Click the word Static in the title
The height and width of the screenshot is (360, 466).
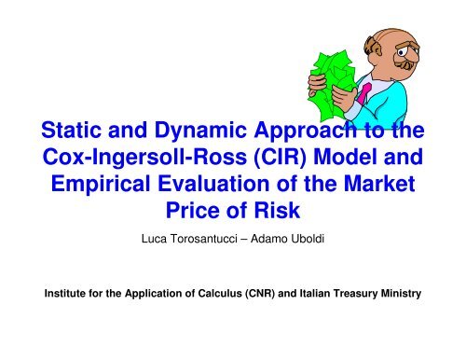(x=71, y=130)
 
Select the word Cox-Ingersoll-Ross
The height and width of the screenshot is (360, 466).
(x=144, y=158)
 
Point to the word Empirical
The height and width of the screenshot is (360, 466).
(x=101, y=184)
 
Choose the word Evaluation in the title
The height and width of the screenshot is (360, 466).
(x=213, y=184)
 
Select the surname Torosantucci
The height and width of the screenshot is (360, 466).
(x=204, y=239)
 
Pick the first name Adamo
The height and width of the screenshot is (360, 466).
(x=269, y=239)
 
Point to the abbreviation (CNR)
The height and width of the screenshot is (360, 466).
(x=260, y=294)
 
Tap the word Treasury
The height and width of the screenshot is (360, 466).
(x=356, y=294)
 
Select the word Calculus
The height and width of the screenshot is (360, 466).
(x=220, y=293)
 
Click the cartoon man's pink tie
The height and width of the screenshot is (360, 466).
(x=363, y=92)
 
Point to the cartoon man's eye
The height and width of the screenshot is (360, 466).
(x=401, y=52)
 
